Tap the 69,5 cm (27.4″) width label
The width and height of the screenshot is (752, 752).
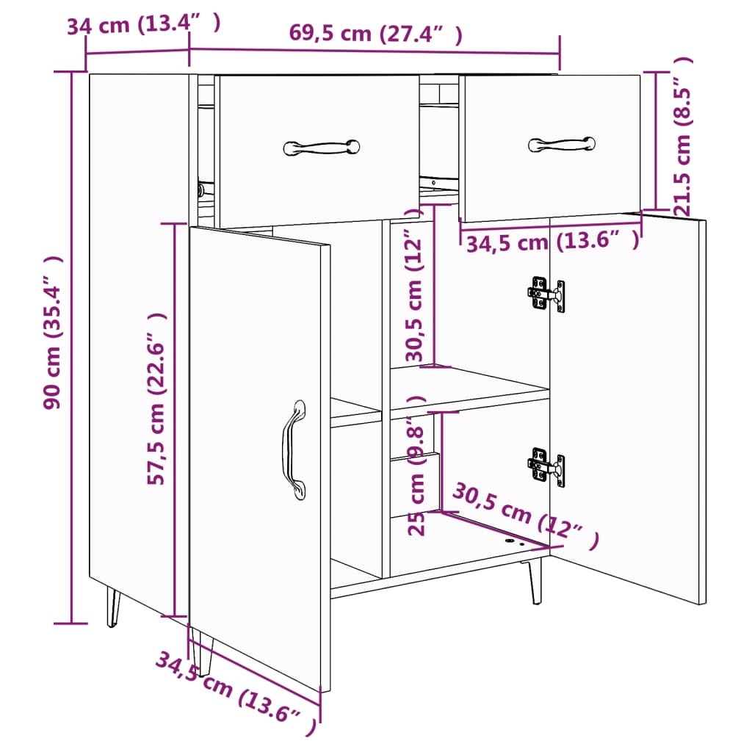tap(375, 33)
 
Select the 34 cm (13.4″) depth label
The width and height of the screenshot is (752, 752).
tap(143, 25)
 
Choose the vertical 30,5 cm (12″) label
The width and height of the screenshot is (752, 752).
tap(416, 294)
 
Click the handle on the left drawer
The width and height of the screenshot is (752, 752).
tap(322, 147)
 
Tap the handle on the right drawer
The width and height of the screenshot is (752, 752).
tap(561, 144)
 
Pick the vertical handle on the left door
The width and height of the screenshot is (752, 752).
tap(294, 449)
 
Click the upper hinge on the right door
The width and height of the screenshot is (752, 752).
tap(547, 294)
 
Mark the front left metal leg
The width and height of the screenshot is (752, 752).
tap(112, 606)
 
